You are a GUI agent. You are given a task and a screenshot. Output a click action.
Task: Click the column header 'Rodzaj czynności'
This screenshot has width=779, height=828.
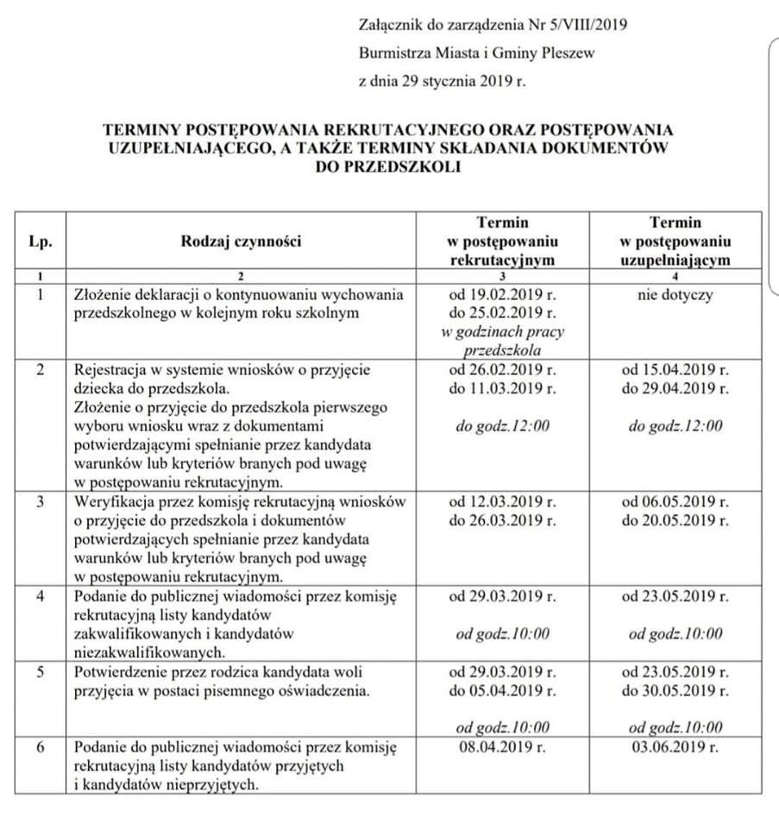(x=241, y=241)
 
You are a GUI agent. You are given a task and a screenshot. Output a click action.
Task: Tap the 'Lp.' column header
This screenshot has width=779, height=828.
(x=41, y=241)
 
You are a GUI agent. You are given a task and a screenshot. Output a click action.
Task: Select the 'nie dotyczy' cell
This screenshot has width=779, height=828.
(x=675, y=295)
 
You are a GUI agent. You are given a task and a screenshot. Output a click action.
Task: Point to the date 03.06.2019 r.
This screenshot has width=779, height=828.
(x=675, y=746)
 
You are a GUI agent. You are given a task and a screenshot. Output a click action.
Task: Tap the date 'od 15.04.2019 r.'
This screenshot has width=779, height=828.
(x=675, y=370)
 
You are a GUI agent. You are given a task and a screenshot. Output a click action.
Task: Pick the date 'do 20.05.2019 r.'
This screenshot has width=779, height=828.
(x=675, y=520)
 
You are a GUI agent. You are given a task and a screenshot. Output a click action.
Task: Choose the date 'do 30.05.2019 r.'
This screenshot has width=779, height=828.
(x=675, y=690)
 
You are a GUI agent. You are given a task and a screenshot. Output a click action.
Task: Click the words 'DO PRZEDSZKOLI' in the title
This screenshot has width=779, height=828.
(x=388, y=166)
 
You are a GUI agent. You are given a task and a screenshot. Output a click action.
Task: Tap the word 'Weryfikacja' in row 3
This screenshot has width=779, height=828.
(x=113, y=502)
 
